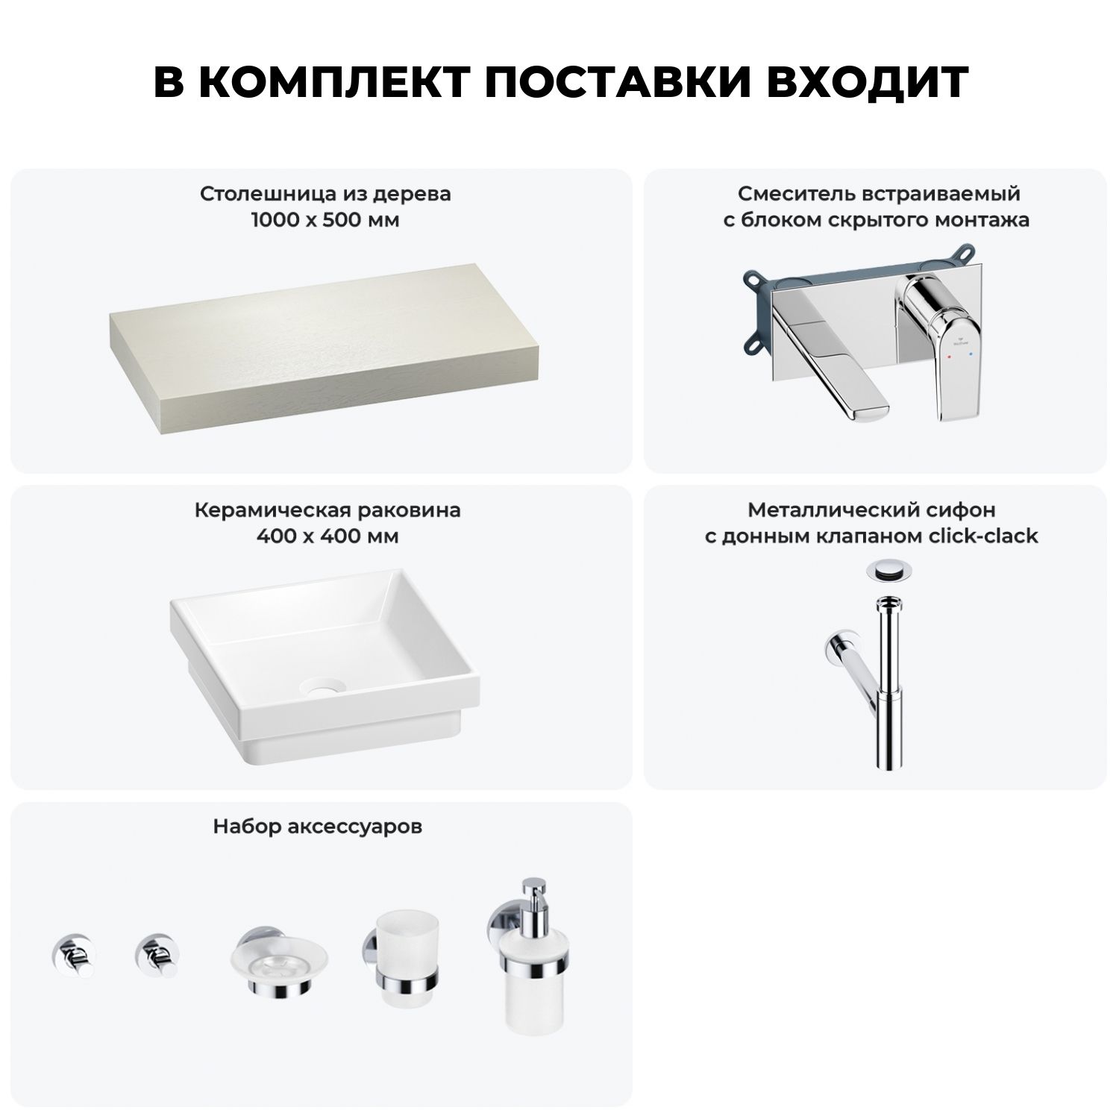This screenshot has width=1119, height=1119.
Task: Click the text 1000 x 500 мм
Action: (325, 220)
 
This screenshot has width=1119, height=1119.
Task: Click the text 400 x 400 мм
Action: (327, 536)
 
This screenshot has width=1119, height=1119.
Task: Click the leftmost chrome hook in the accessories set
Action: (69, 953)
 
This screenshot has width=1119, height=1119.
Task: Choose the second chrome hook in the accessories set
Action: (153, 953)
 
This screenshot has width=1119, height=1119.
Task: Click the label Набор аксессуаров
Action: (318, 827)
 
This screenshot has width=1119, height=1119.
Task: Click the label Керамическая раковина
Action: (327, 510)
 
